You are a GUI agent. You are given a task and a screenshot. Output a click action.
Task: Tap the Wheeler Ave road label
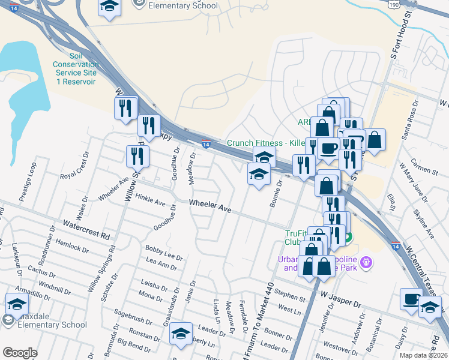coord(210,206)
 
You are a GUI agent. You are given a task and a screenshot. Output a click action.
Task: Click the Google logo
coord(20,353)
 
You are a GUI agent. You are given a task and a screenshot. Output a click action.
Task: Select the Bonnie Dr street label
coord(276,196)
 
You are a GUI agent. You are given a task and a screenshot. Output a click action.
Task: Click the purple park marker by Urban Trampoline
coord(368,262)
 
